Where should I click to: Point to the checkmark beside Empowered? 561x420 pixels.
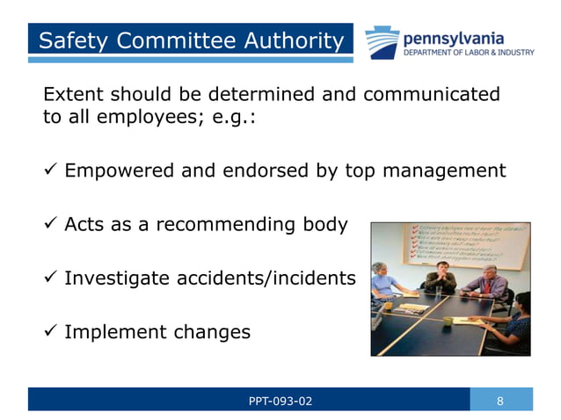pos(49,170)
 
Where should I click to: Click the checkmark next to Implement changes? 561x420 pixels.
pos(49,332)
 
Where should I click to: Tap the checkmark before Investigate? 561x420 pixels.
pos(49,279)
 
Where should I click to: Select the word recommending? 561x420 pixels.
pos(224,225)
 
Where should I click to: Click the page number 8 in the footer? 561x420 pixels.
pos(500,402)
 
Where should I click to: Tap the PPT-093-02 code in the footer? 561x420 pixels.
pos(280,402)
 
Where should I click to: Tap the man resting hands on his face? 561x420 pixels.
pos(441,279)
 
